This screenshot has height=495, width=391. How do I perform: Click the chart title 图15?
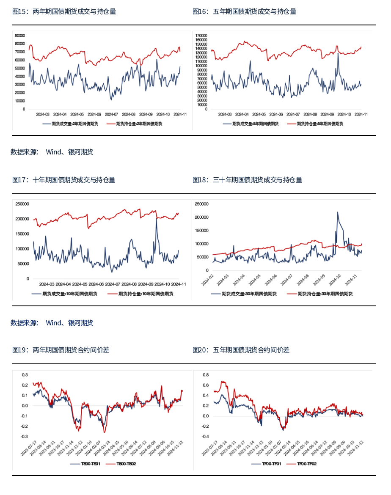(x=64, y=12)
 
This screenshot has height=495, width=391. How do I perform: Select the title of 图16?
(x=245, y=12)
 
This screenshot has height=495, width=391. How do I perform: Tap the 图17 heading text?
(x=64, y=180)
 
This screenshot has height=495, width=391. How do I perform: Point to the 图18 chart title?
(x=247, y=180)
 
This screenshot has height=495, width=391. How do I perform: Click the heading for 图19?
(x=61, y=350)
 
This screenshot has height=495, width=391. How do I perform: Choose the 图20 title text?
(x=241, y=350)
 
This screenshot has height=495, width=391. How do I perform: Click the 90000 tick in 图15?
(x=20, y=36)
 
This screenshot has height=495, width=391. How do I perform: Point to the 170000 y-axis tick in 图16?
(x=201, y=36)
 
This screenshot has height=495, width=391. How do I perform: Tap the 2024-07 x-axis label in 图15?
(x=111, y=114)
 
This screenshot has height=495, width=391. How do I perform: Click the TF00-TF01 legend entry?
(x=266, y=464)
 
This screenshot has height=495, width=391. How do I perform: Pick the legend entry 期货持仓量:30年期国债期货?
(x=319, y=294)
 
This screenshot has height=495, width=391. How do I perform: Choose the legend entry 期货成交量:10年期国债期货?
(x=64, y=294)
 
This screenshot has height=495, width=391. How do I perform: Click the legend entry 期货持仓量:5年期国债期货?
(x=315, y=124)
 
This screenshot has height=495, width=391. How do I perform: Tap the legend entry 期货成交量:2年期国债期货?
(x=70, y=124)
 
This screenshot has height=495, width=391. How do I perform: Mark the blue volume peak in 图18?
(x=338, y=212)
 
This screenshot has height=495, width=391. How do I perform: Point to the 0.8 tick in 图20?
(x=206, y=375)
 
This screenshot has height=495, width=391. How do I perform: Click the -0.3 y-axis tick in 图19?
(x=24, y=437)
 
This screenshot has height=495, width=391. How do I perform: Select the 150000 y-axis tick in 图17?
(x=22, y=234)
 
